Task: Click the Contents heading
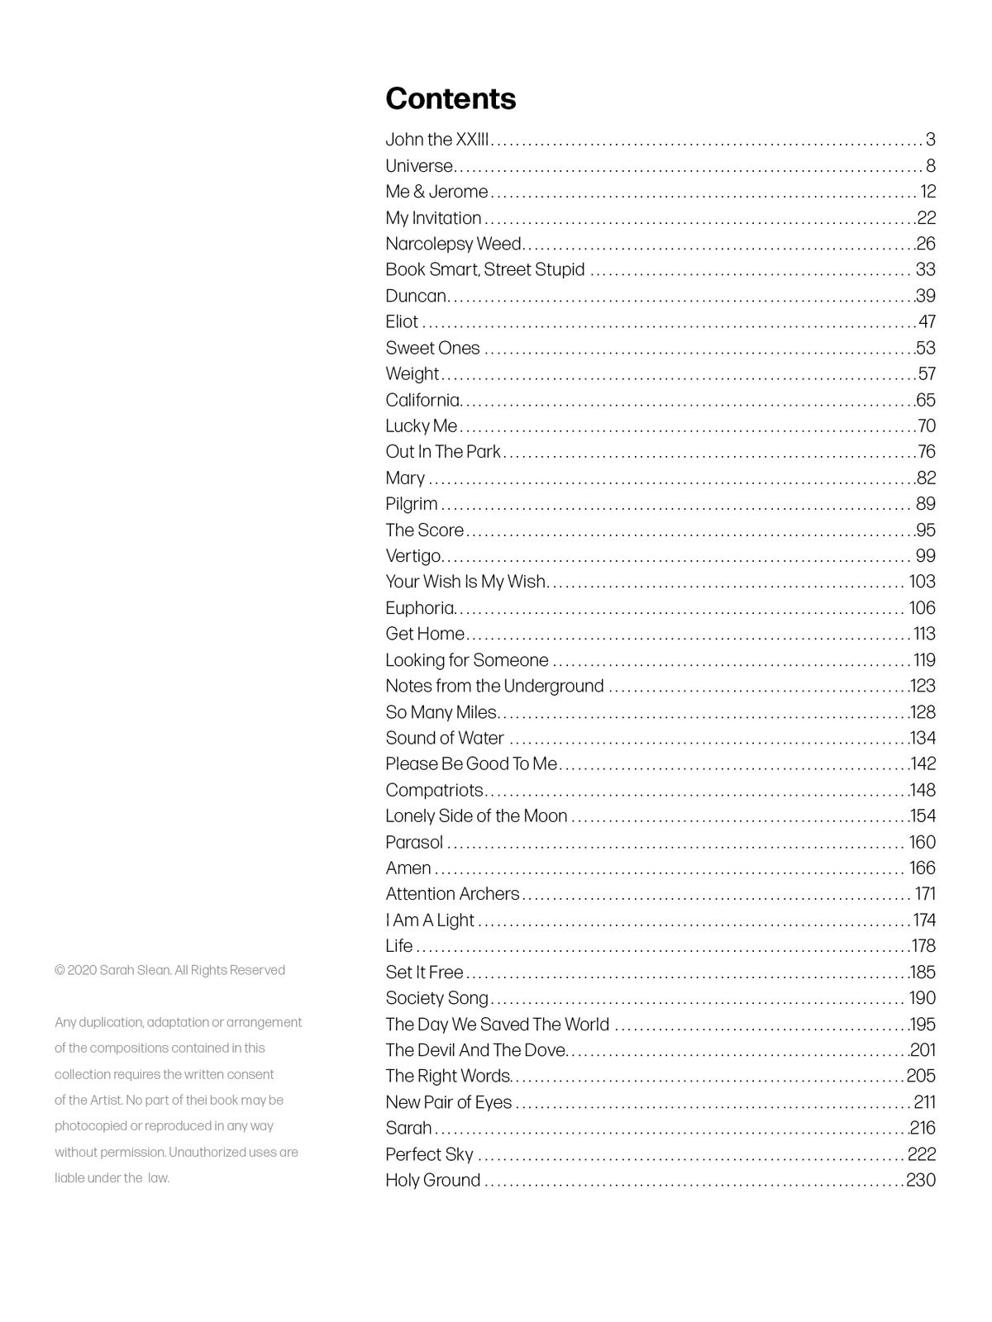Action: click(451, 99)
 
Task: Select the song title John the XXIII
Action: click(438, 140)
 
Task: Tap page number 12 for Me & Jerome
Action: click(928, 192)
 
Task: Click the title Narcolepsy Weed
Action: click(453, 244)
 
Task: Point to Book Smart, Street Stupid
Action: click(484, 269)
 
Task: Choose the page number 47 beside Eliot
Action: click(927, 321)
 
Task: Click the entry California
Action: click(422, 400)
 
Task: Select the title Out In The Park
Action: click(443, 452)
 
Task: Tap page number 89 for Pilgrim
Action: click(925, 504)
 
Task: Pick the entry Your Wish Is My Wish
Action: click(465, 582)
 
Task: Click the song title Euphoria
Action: click(420, 608)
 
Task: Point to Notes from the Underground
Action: click(494, 686)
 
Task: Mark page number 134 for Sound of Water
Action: click(923, 738)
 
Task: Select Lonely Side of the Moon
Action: click(476, 816)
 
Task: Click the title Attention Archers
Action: click(452, 894)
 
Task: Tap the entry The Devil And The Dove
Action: click(475, 1050)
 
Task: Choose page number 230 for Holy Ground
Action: click(921, 1180)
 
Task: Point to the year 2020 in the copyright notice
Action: click(82, 970)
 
